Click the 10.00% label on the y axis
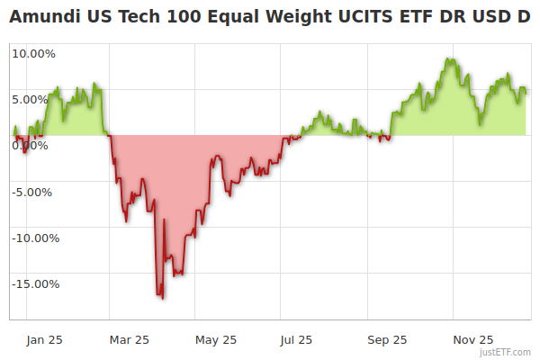click(x=34, y=53)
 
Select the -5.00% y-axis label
click(x=34, y=192)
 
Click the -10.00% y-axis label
click(x=34, y=238)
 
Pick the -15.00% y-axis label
click(x=34, y=283)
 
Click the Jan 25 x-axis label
click(x=44, y=339)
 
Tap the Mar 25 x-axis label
click(x=129, y=339)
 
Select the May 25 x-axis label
click(x=216, y=339)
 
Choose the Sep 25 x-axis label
click(x=386, y=339)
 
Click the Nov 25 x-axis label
click(x=472, y=339)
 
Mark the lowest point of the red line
click(x=162, y=298)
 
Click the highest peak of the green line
click(x=447, y=59)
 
